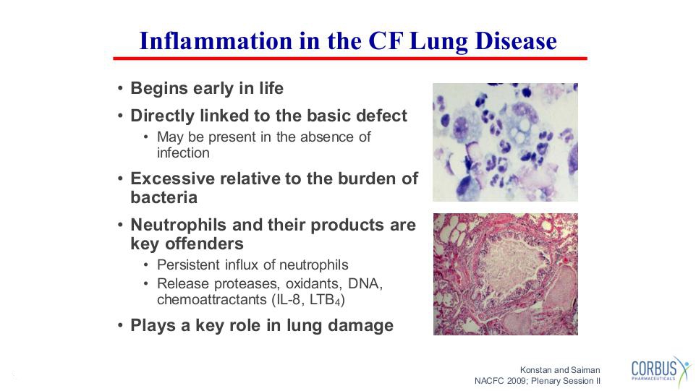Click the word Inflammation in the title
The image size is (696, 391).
point(216,40)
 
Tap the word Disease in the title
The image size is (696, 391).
point(516,40)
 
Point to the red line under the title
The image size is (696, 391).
point(350,58)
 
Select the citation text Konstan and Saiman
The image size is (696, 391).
point(560,370)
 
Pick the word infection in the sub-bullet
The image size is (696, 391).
point(183,153)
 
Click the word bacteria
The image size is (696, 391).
point(164,197)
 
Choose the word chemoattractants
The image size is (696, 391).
point(212,300)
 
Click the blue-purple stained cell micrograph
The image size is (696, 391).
point(505,142)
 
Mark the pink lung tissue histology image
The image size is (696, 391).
point(506,274)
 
